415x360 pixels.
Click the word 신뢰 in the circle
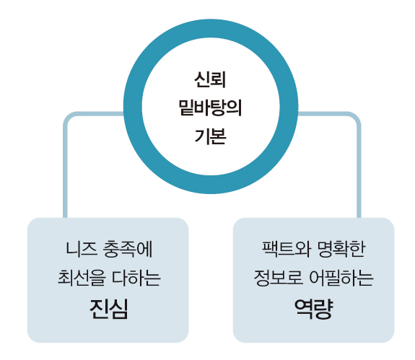[x=210, y=79]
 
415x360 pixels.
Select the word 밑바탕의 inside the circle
[x=210, y=107]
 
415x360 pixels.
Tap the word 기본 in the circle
[x=210, y=136]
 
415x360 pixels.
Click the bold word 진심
[x=108, y=309]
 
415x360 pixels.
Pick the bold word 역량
[x=314, y=309]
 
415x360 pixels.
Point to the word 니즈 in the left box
[x=81, y=249]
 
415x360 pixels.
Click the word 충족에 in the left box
[x=128, y=249]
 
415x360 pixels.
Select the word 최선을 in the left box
[x=82, y=278]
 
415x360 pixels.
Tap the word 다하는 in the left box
[x=136, y=278]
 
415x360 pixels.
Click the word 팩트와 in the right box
[x=286, y=249]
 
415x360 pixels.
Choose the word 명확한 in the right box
[x=341, y=249]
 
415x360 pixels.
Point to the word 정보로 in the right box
[x=278, y=278]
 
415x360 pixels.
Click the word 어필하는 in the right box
[x=341, y=278]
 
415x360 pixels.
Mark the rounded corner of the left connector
[x=68, y=116]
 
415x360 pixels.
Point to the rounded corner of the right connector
[x=357, y=116]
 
